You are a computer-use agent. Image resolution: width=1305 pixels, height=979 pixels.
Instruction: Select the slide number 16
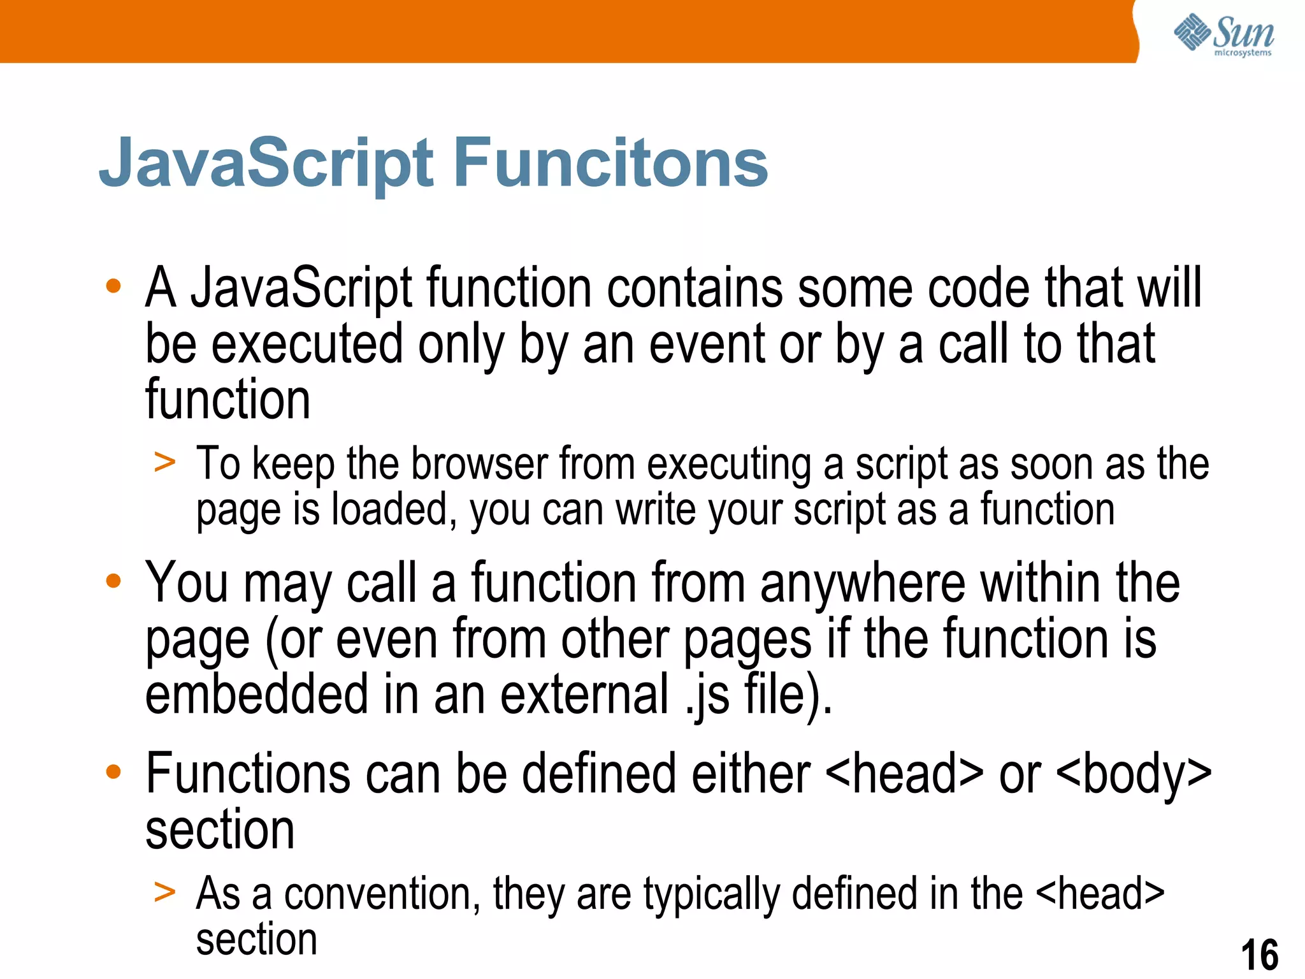pos(1259,955)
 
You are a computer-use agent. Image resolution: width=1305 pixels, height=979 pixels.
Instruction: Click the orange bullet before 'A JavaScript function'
pos(113,286)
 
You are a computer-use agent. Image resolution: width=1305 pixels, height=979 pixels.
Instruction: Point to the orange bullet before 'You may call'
pos(113,581)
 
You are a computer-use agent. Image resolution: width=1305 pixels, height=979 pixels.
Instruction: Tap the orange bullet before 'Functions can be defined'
pos(113,772)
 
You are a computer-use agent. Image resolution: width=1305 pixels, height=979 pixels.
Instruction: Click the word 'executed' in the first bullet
pos(306,344)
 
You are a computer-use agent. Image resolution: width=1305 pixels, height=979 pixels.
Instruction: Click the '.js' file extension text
pos(707,695)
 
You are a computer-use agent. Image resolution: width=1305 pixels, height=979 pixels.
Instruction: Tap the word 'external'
pos(584,694)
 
